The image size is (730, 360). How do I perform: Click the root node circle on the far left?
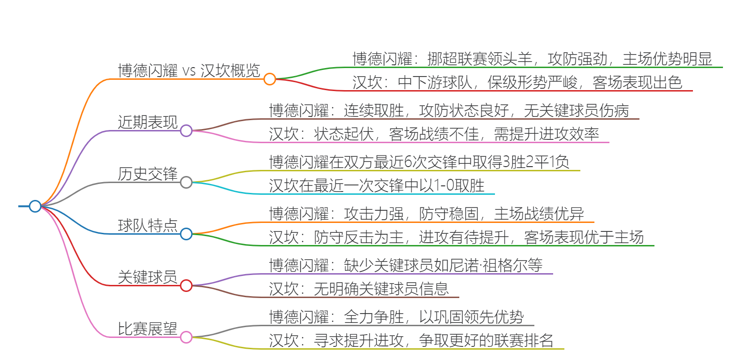coord(35,206)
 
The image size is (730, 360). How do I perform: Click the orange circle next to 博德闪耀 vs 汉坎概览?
coord(269,79)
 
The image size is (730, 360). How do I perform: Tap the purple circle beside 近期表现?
coord(186,130)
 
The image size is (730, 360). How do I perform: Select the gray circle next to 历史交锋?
coord(186,182)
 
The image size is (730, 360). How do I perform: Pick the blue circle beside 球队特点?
coord(186,234)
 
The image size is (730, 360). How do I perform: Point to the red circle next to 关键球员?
coord(186,285)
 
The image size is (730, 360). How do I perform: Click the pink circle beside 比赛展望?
coord(186,337)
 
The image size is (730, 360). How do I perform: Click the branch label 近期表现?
coord(148,123)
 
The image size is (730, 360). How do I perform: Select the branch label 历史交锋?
coord(148,174)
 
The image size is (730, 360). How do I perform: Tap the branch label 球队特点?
coord(148,226)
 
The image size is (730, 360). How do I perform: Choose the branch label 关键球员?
coord(148,277)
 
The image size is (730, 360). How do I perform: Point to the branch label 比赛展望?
coord(148,329)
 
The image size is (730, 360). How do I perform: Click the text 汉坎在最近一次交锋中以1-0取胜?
coord(377,186)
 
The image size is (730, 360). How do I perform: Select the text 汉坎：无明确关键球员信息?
coord(359,289)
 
